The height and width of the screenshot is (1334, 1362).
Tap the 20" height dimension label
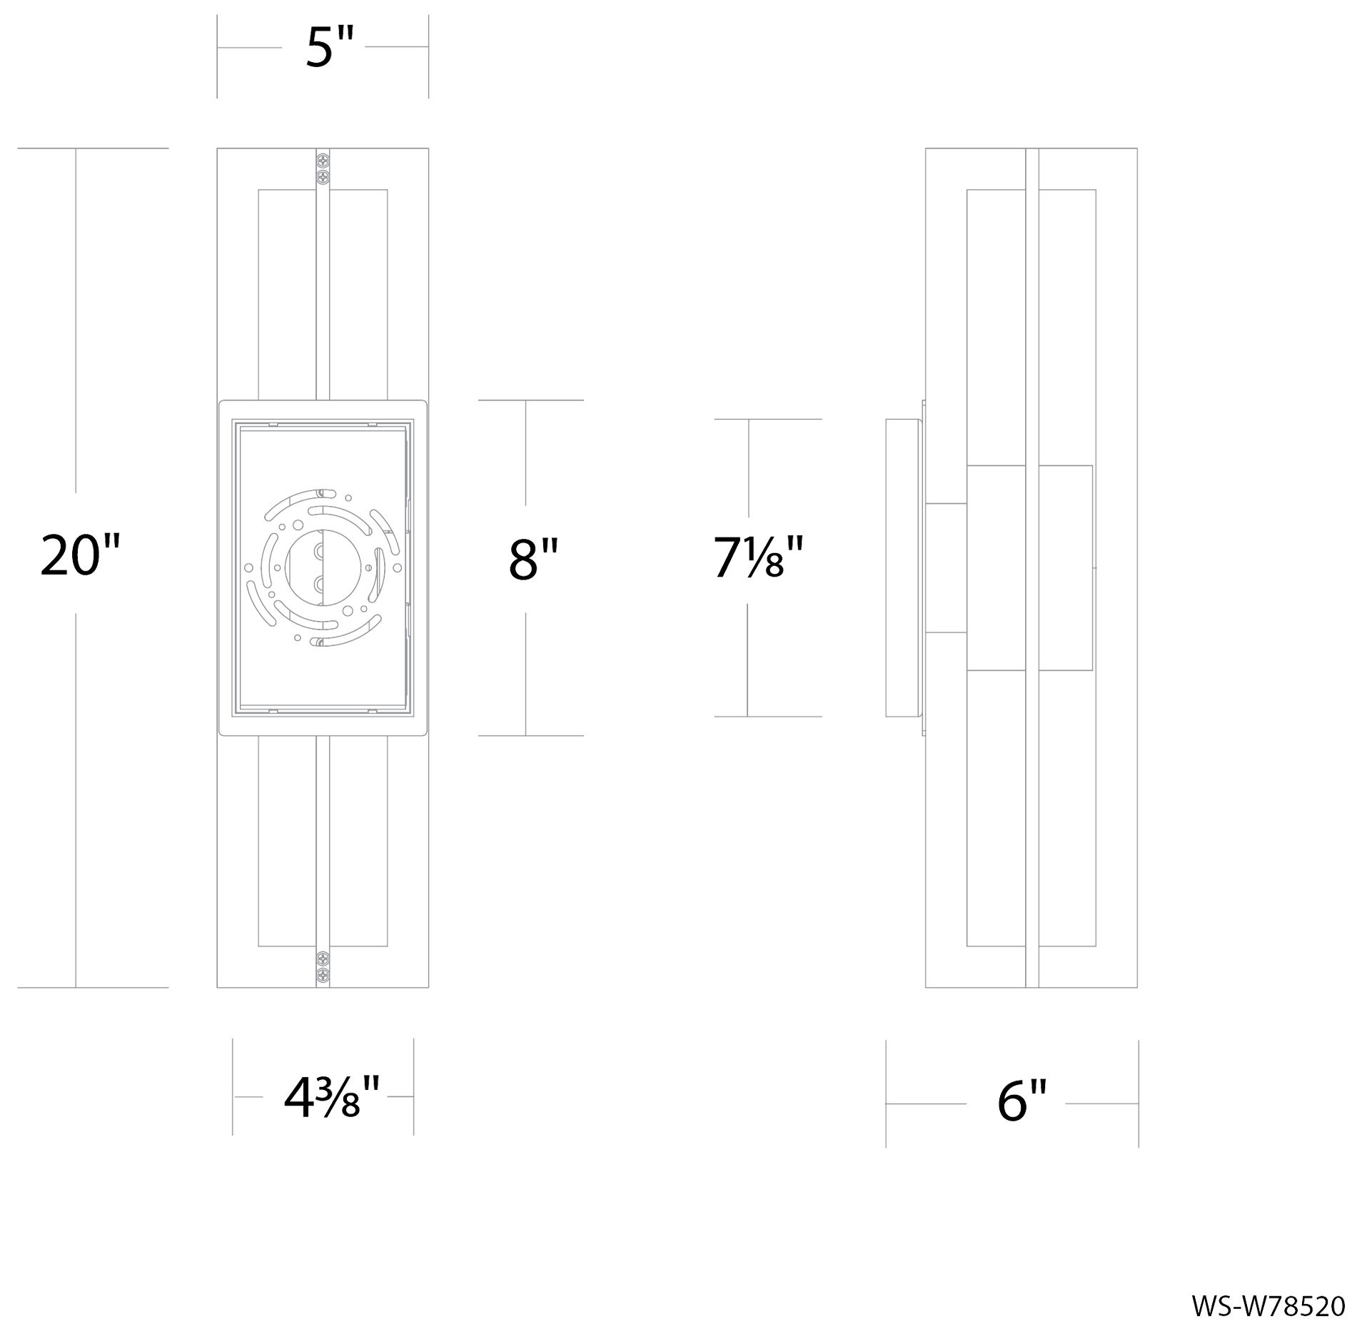pyautogui.click(x=79, y=555)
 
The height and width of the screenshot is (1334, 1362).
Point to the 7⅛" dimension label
pyautogui.click(x=758, y=558)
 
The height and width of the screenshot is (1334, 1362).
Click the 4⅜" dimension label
pyautogui.click(x=331, y=1100)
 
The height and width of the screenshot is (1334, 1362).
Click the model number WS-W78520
pyautogui.click(x=1268, y=1306)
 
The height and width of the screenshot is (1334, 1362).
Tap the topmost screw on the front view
pyautogui.click(x=323, y=161)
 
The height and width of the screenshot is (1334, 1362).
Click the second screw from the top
pyautogui.click(x=323, y=175)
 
